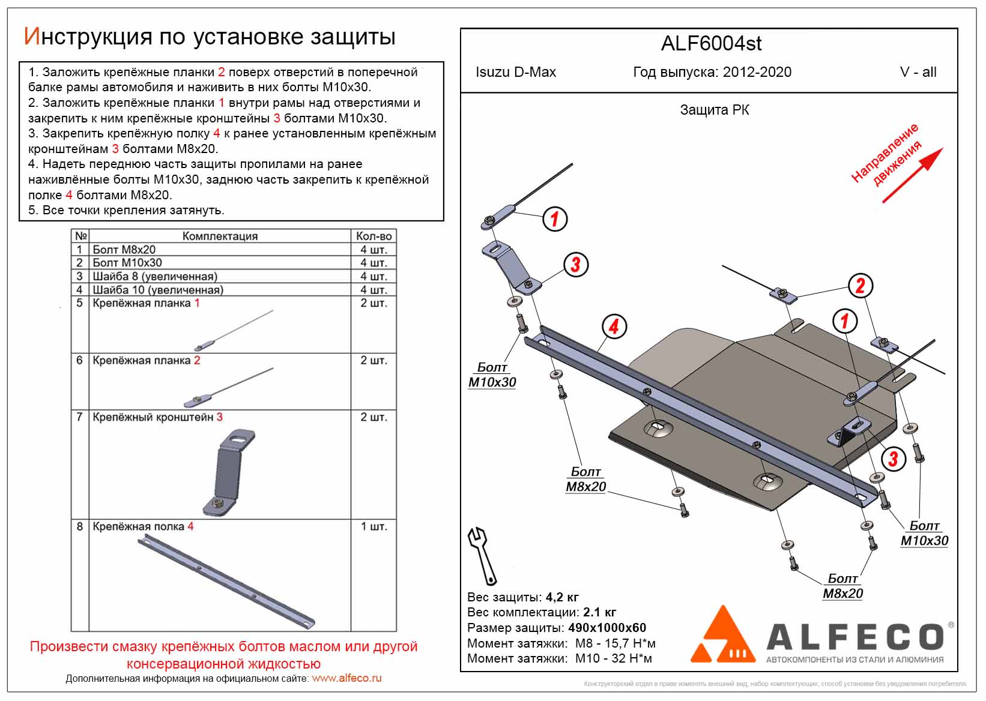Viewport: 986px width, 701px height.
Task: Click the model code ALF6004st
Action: [x=711, y=44]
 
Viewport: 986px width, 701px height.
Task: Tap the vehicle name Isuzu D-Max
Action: [x=516, y=73]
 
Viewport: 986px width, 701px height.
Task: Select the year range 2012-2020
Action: [x=757, y=73]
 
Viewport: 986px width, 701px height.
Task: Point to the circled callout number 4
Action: [x=614, y=327]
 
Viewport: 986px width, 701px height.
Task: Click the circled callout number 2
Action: [x=860, y=286]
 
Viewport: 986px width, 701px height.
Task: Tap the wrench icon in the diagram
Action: [x=482, y=555]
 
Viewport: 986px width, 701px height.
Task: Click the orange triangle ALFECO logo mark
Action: [x=723, y=636]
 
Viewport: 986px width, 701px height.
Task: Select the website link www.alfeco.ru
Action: [x=346, y=678]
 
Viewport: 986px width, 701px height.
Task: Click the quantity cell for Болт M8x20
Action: [x=374, y=250]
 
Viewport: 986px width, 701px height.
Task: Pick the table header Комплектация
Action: [x=220, y=236]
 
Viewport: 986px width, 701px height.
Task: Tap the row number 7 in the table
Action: [x=79, y=417]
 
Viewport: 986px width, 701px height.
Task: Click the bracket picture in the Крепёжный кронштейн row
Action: [x=231, y=472]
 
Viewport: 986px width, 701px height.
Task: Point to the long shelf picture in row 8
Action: [x=226, y=580]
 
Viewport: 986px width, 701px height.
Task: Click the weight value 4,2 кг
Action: [x=562, y=597]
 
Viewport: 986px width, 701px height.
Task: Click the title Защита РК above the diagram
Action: [x=714, y=110]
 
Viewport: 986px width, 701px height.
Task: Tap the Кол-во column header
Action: [x=374, y=236]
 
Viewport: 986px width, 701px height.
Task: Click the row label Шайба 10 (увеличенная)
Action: [x=158, y=290]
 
